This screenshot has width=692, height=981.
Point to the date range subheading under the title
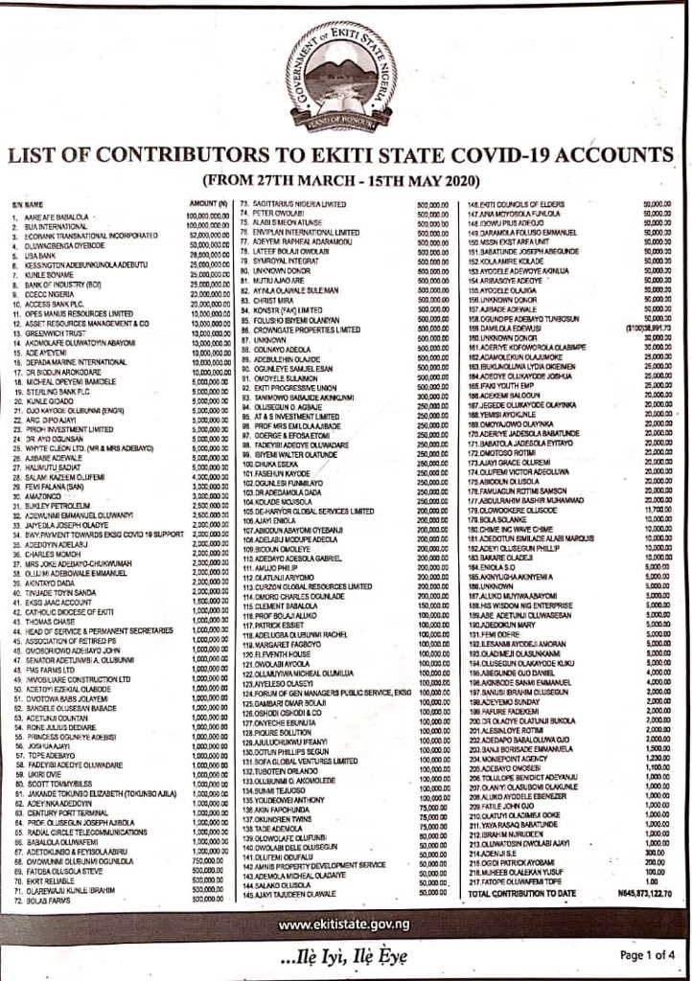click(347, 179)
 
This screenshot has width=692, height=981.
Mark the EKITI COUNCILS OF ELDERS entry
click(517, 204)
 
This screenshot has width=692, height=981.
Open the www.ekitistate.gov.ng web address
click(346, 899)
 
